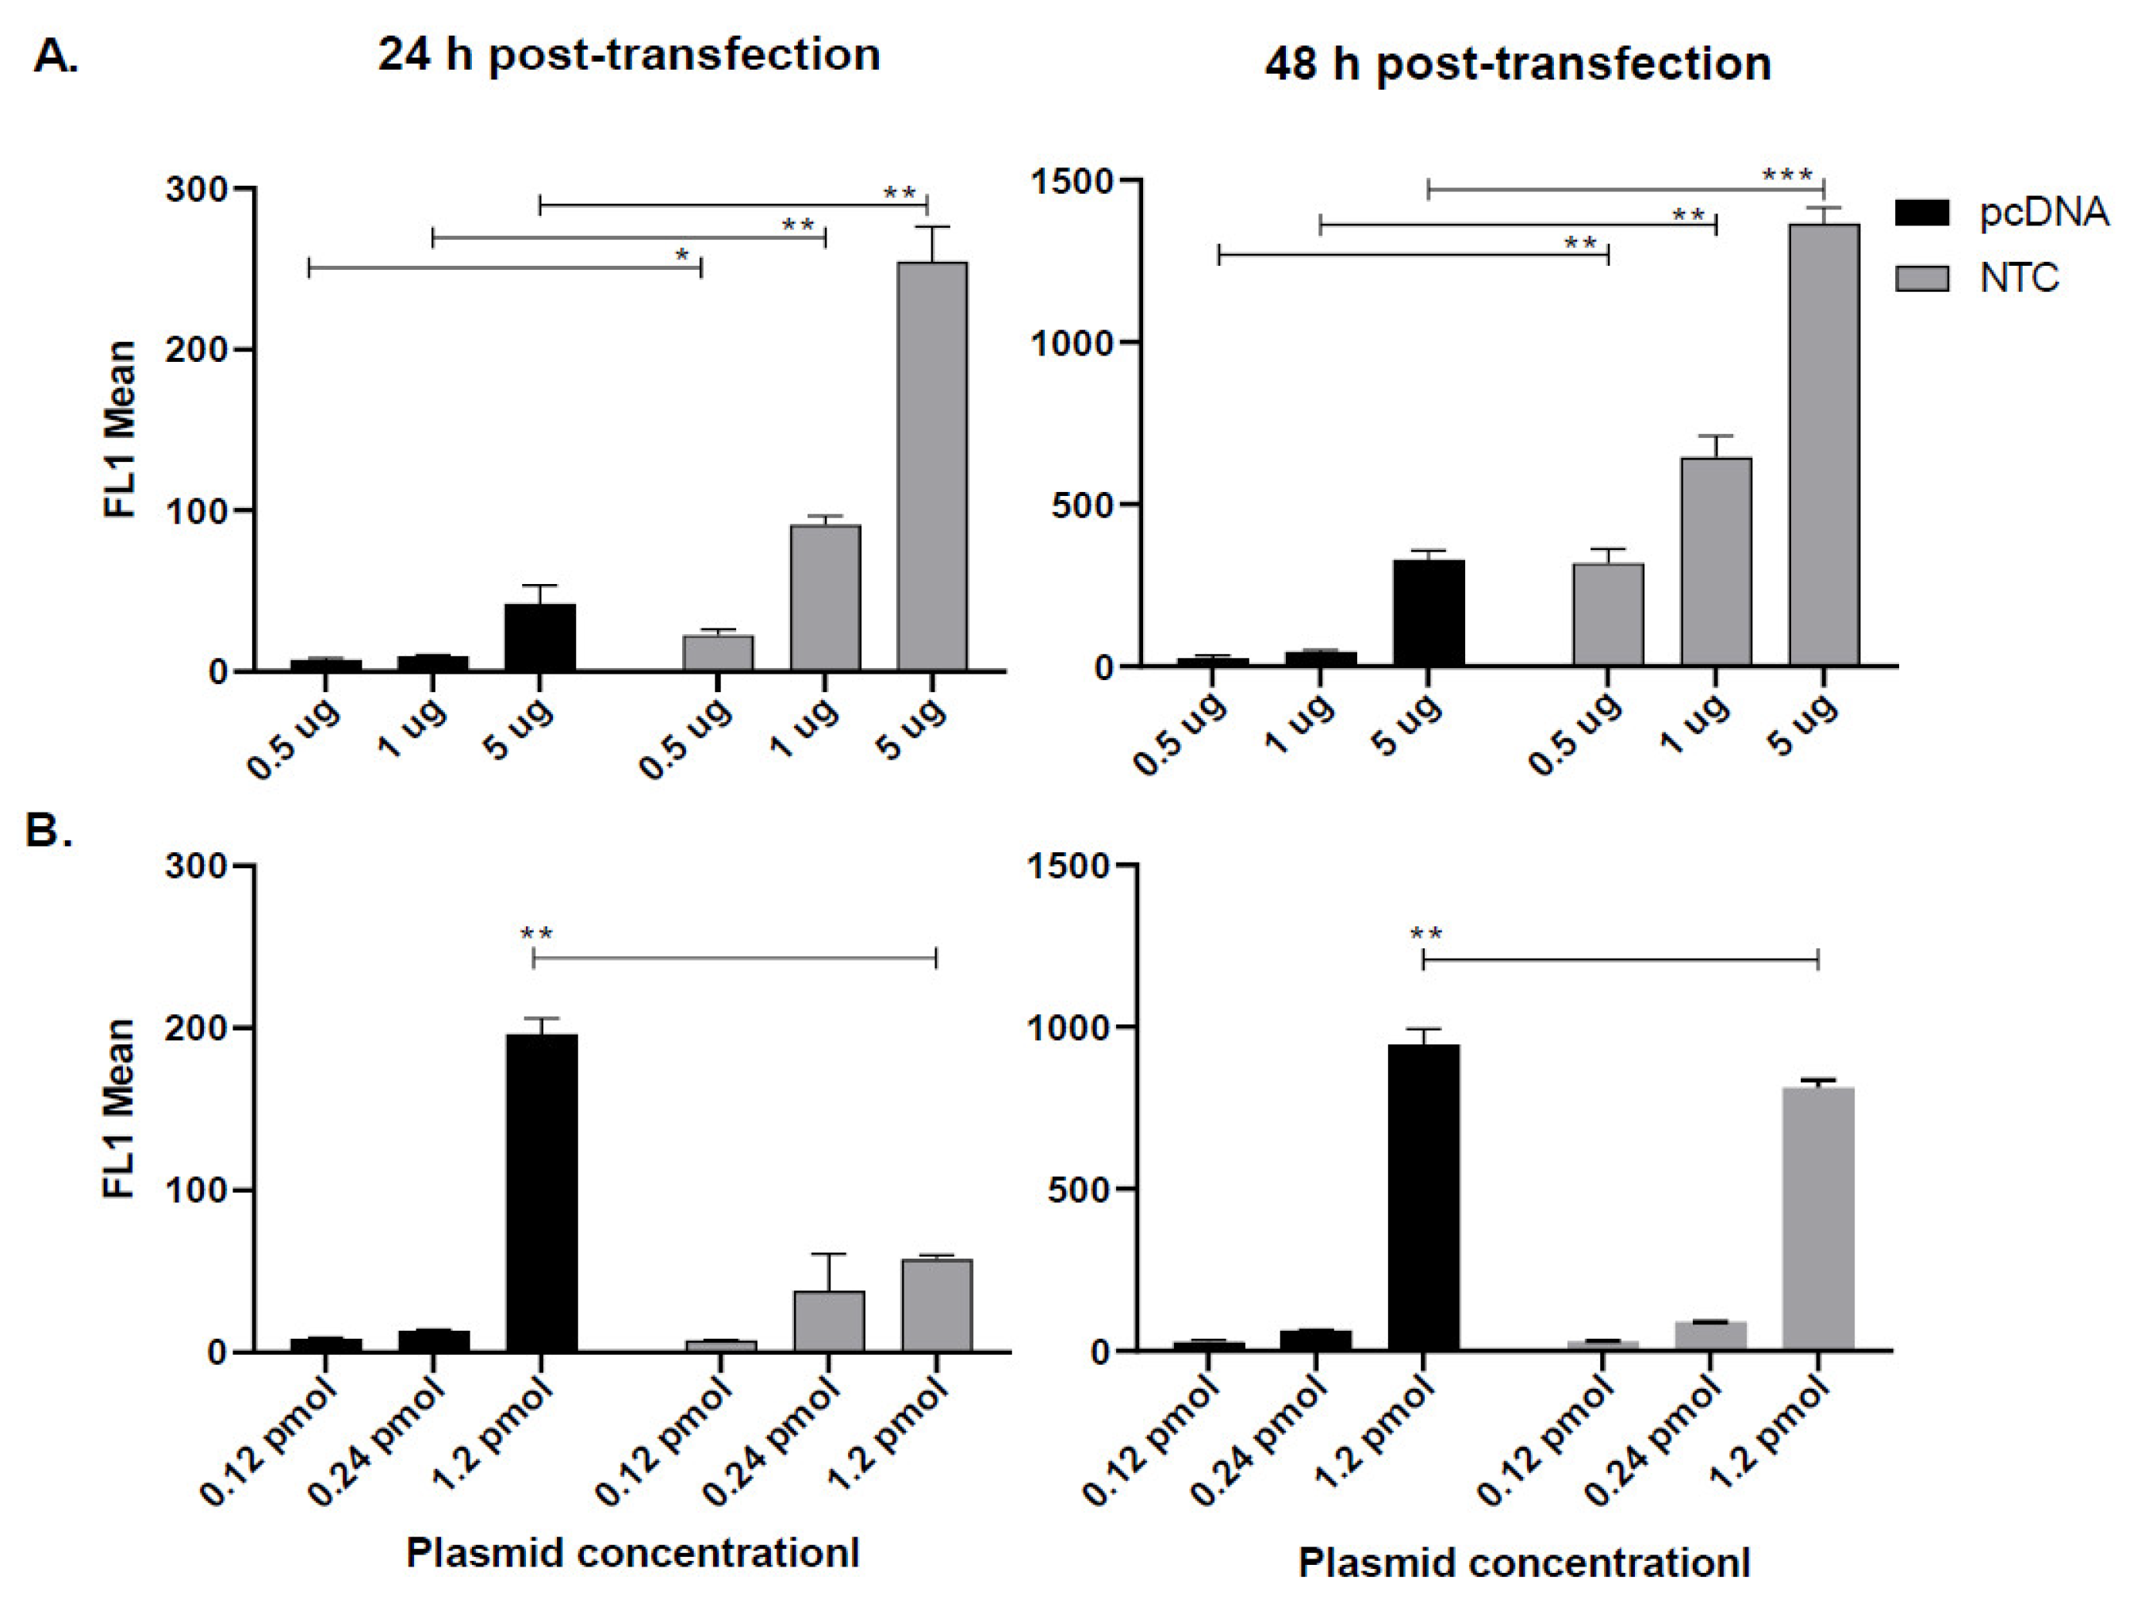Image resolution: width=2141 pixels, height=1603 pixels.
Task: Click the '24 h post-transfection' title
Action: pos(628,54)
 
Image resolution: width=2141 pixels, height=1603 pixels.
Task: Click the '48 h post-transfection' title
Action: pos(1517,64)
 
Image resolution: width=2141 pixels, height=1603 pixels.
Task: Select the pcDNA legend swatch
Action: pos(1921,213)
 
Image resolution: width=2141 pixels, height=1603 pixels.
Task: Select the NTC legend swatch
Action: pos(1921,279)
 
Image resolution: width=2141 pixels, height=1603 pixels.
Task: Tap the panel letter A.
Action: pos(56,56)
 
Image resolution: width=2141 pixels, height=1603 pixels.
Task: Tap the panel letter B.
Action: pos(48,831)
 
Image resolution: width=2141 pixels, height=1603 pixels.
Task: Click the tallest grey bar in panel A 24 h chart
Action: pos(931,465)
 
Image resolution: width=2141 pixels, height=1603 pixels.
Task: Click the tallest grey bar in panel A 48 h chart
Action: pos(1824,445)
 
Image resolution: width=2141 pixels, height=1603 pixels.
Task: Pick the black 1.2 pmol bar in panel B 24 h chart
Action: pos(541,1193)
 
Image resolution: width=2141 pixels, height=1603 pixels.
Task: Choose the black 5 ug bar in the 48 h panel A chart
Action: pos(1428,613)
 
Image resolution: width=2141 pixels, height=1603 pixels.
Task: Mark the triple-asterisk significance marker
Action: pos(1786,175)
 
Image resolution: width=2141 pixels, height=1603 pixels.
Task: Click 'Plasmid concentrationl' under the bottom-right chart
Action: pos(1524,1563)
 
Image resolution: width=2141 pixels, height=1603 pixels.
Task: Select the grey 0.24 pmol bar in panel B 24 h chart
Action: pos(828,1321)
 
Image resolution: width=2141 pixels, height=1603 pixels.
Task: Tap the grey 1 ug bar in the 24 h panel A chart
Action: pos(825,598)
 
